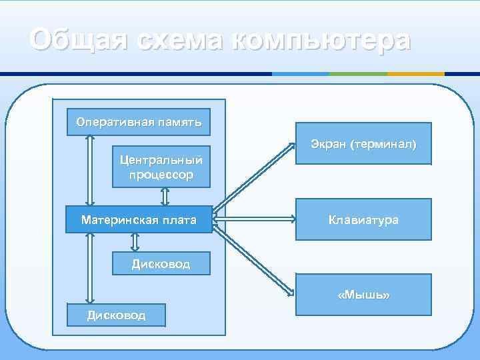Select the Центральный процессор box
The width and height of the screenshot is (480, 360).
(161, 167)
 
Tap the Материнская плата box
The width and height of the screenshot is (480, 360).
(139, 219)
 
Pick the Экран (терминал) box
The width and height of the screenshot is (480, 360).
(363, 143)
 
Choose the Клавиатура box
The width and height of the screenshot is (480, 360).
(363, 219)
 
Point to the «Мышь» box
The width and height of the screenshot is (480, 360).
(363, 294)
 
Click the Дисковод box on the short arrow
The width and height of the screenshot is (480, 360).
(161, 263)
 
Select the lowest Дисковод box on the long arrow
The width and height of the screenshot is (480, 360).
(116, 315)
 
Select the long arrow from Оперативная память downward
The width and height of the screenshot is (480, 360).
(89, 170)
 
